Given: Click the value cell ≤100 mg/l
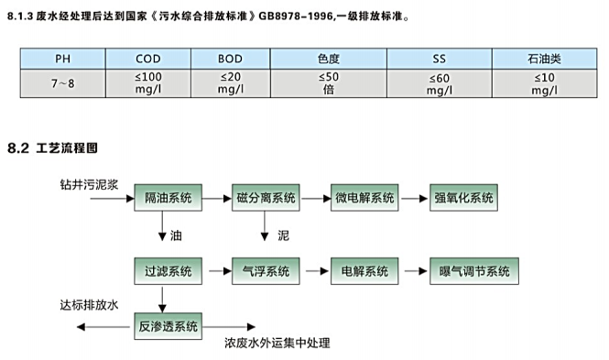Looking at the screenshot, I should pyautogui.click(x=135, y=83).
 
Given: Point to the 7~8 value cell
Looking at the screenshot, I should pyautogui.click(x=61, y=83).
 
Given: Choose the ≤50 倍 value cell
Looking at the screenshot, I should pyautogui.click(x=327, y=83).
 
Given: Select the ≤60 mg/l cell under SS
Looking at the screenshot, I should pyautogui.click(x=439, y=83).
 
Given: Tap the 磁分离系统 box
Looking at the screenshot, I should pyautogui.click(x=266, y=199).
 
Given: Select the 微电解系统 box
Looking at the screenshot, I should pyautogui.click(x=364, y=199).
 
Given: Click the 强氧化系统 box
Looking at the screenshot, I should pyautogui.click(x=463, y=199).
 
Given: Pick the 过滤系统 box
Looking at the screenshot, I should pyautogui.click(x=168, y=272).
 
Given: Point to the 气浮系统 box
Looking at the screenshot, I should pyautogui.click(x=266, y=272).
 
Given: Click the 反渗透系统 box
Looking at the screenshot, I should pyautogui.click(x=168, y=324).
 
